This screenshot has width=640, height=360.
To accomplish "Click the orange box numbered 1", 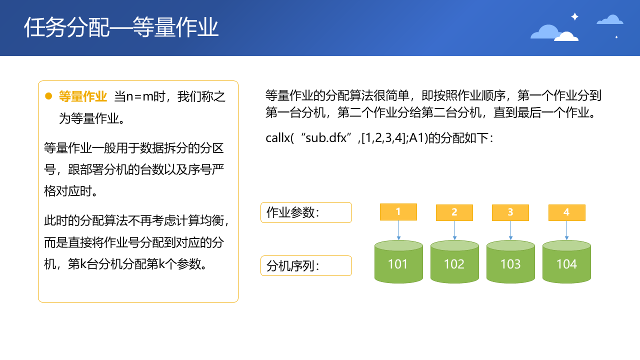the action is tap(398, 212).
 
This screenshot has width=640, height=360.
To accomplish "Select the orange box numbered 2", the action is tap(454, 212).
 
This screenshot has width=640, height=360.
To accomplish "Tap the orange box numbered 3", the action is tap(510, 212).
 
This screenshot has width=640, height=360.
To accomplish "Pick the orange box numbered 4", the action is tap(567, 212).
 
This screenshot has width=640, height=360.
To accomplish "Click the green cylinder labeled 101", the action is tap(398, 261).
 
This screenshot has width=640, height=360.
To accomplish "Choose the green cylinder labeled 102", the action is tap(454, 261).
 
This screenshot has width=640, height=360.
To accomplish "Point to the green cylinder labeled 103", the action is tap(510, 261).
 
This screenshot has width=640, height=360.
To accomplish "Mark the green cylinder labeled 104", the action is tap(566, 261).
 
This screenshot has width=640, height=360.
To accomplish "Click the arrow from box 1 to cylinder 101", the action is tap(398, 230).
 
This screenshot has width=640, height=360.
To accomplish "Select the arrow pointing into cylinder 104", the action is tap(567, 230).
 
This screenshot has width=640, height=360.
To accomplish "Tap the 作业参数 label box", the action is tap(306, 212).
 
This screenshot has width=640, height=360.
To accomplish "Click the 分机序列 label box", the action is tap(306, 265).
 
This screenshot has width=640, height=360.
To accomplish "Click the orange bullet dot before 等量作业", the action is tap(48, 96).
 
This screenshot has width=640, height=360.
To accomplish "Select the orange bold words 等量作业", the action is tap(83, 96).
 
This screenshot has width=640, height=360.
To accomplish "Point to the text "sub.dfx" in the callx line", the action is tap(326, 138).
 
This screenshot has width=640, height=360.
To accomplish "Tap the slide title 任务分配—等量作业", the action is tap(121, 27).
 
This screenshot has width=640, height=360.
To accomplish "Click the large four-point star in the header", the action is tap(575, 16).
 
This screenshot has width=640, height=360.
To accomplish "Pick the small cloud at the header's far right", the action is tap(610, 19).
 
